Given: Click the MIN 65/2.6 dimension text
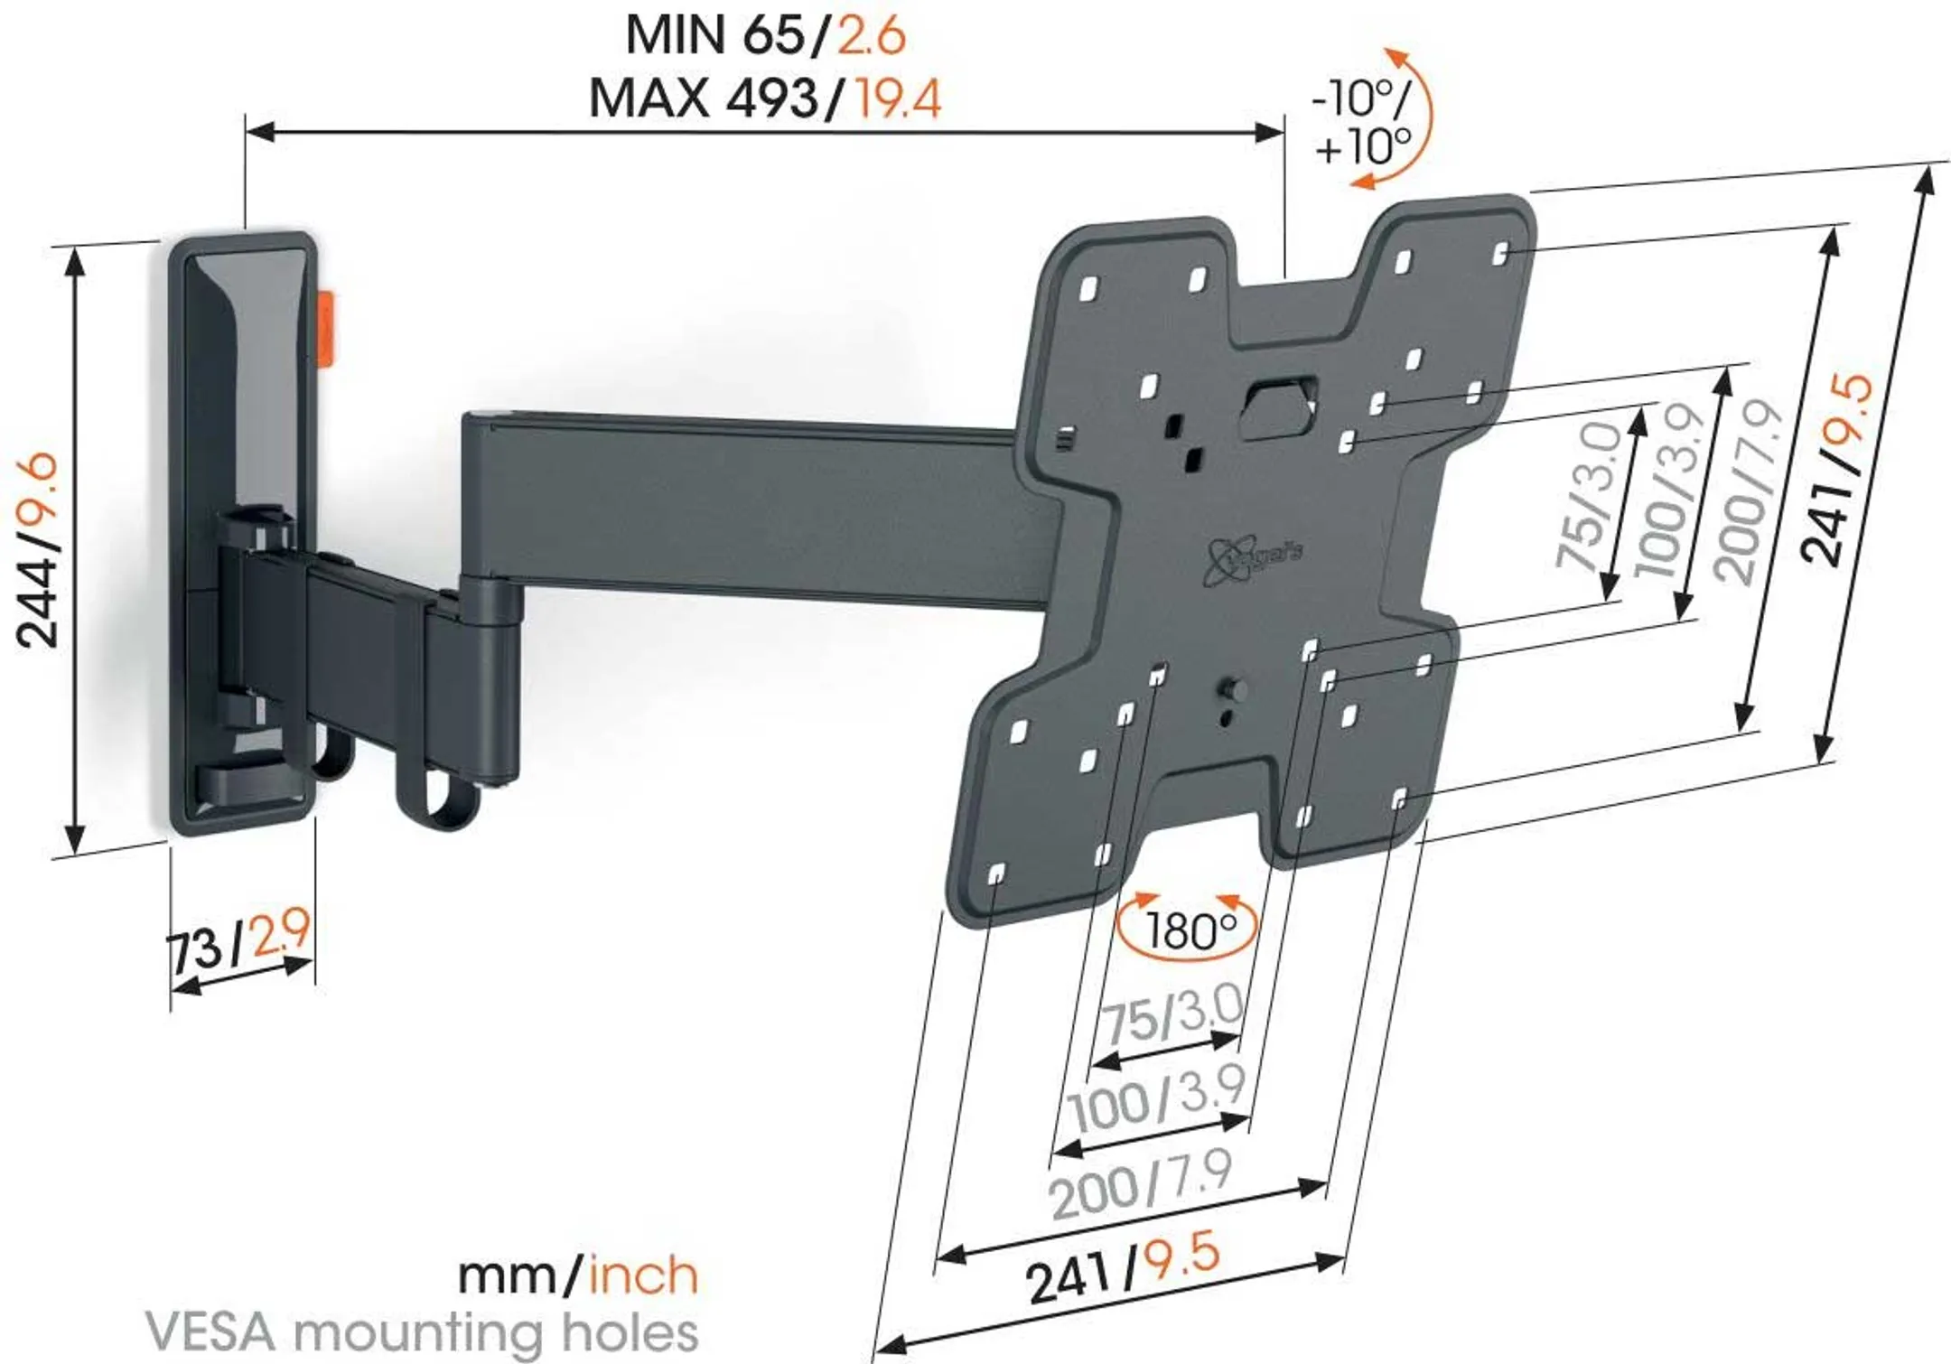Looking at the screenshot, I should [764, 36].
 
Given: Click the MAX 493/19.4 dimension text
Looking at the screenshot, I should [764, 98].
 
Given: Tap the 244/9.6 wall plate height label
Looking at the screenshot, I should [38, 551].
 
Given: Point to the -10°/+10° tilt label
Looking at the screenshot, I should [1360, 122].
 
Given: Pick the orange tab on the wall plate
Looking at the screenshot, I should [325, 330].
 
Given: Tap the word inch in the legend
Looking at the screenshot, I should [643, 1275].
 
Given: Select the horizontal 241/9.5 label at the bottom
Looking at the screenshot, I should [1122, 1268].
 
